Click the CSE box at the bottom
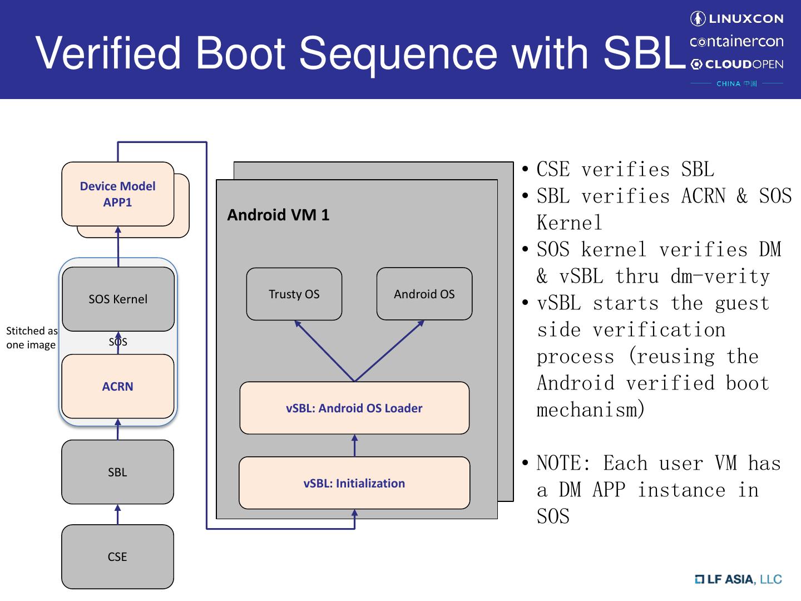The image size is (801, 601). point(117,556)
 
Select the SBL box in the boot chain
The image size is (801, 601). point(117,472)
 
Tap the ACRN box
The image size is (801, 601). point(117,386)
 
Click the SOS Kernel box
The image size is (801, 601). point(118,299)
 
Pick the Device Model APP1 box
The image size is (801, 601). point(117,194)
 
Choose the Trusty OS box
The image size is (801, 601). point(294,294)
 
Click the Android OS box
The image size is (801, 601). point(424,294)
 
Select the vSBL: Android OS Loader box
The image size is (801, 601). point(354,408)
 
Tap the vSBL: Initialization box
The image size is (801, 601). point(354,483)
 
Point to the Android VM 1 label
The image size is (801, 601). point(278,215)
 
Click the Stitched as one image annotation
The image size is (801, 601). point(32,338)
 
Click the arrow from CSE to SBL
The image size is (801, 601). point(117,515)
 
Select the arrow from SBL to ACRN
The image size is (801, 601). point(117,429)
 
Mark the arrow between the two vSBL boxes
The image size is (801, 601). point(354,446)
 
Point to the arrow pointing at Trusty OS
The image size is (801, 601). point(324,351)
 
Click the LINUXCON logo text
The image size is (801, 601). point(746,18)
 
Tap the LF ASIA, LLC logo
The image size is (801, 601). point(738,579)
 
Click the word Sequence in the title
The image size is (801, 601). point(398,53)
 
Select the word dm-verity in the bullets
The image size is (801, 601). point(720,276)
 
